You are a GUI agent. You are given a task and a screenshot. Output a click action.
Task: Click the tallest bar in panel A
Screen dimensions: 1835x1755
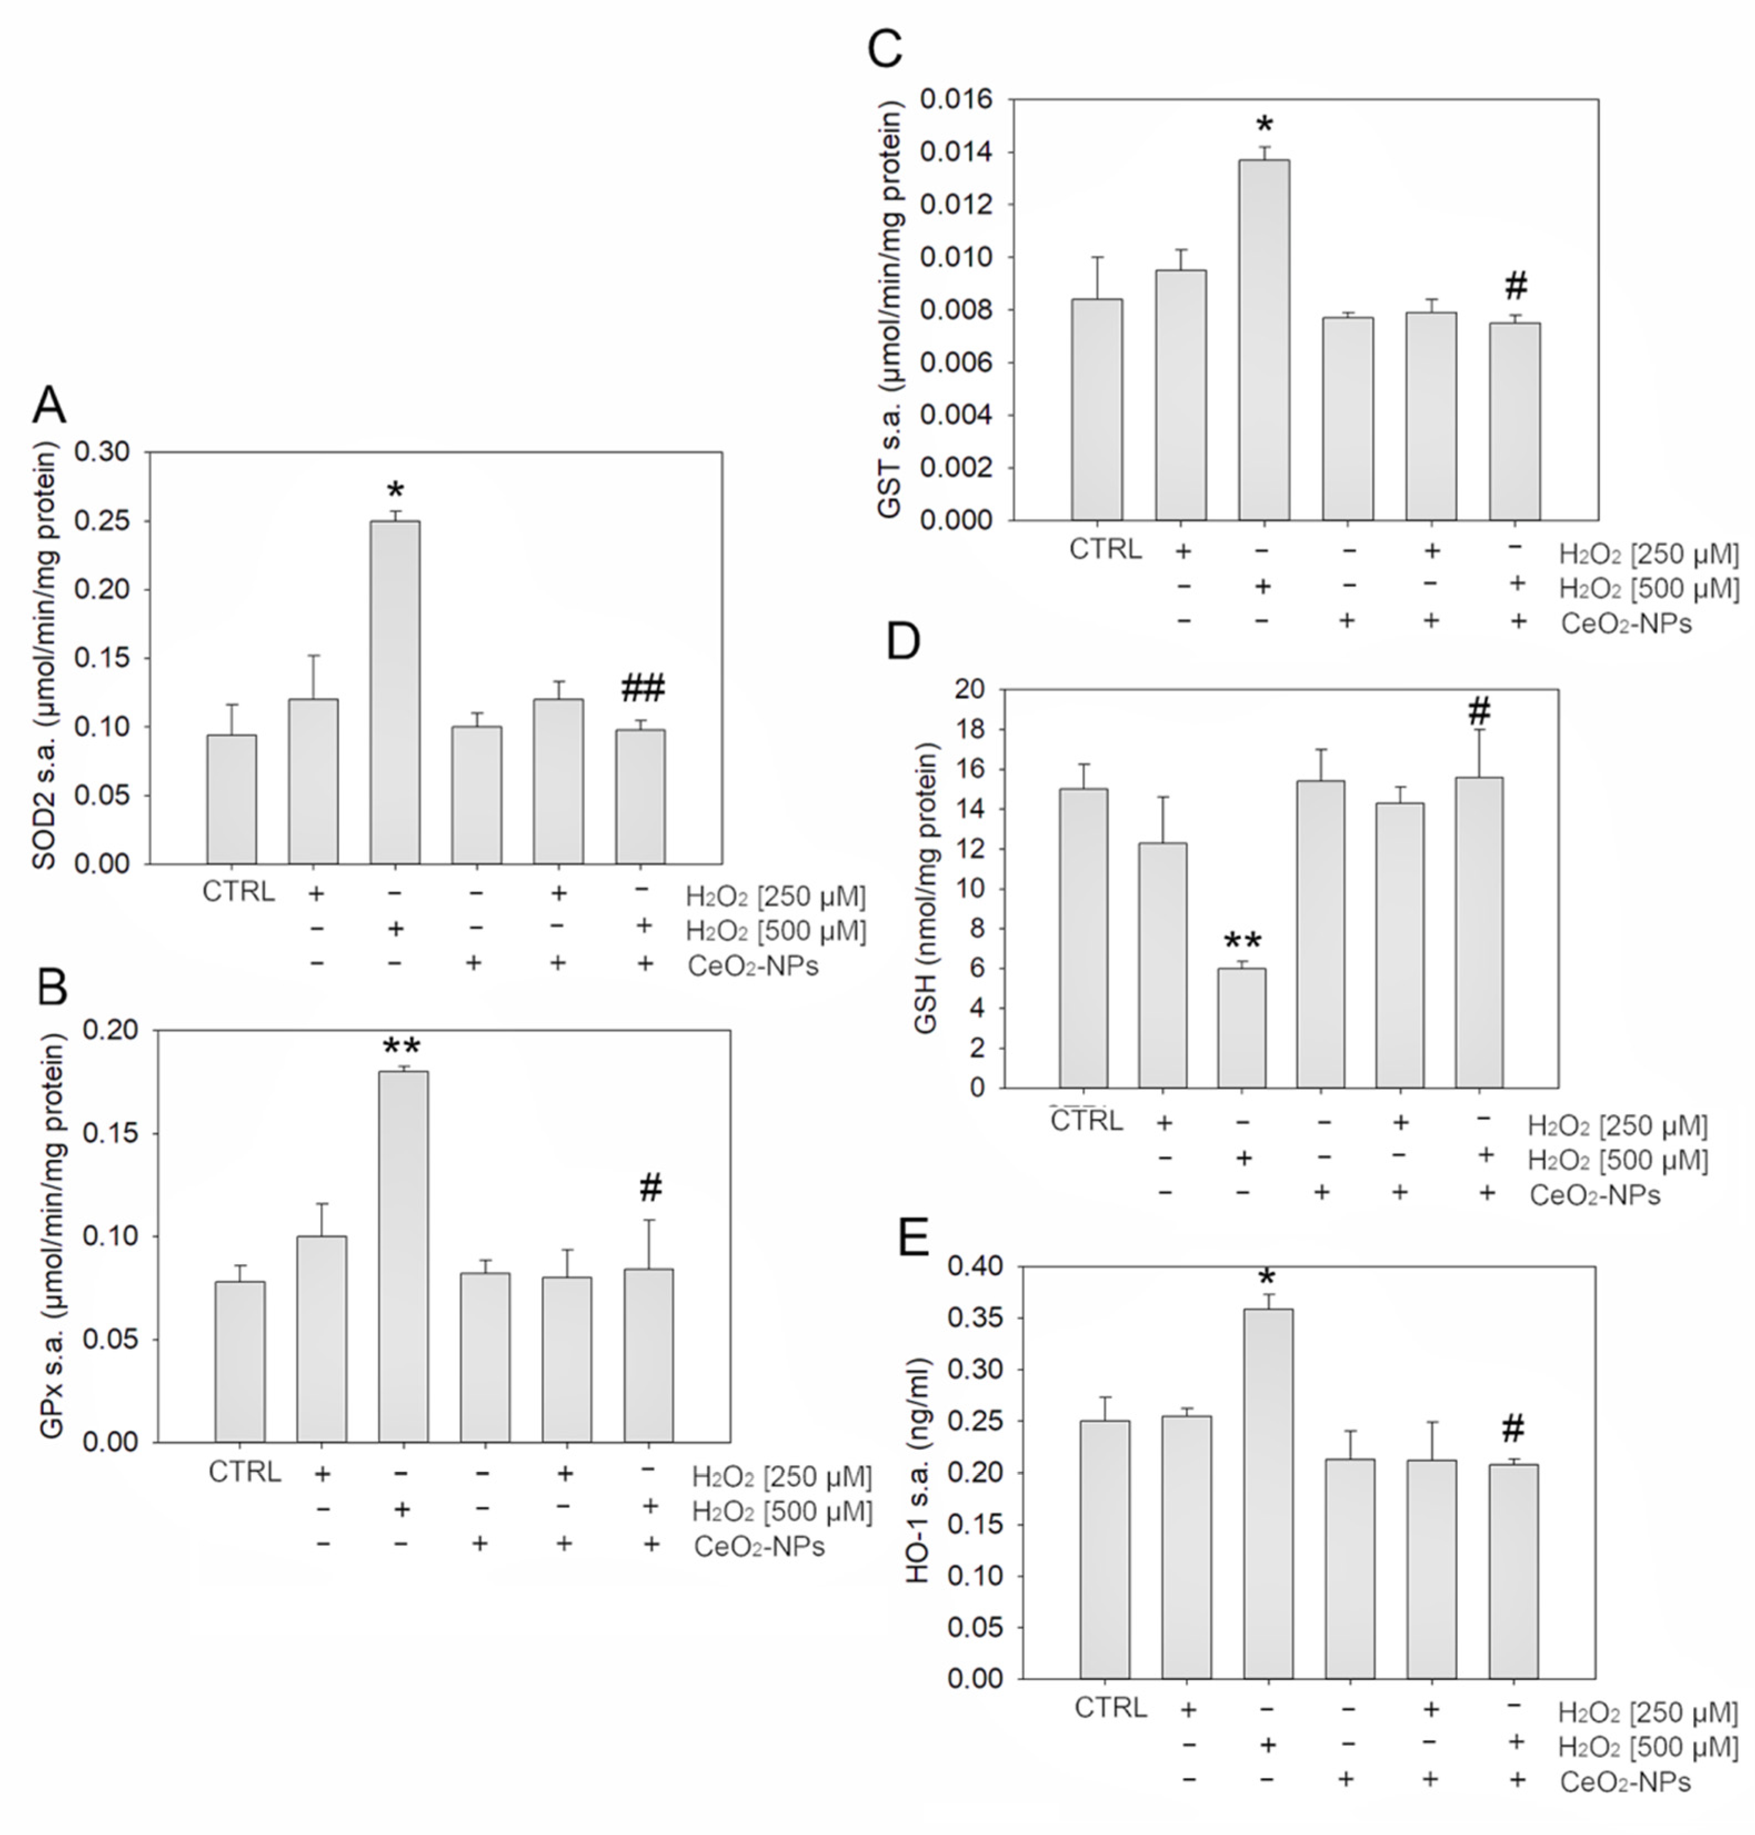[x=395, y=692]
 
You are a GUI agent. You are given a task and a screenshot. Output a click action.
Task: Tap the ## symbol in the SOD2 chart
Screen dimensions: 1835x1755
[x=643, y=689]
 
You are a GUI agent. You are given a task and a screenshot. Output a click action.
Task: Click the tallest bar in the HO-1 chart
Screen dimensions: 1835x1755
[x=1268, y=1492]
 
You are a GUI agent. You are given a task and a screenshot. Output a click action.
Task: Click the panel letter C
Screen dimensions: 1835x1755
[x=885, y=49]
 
